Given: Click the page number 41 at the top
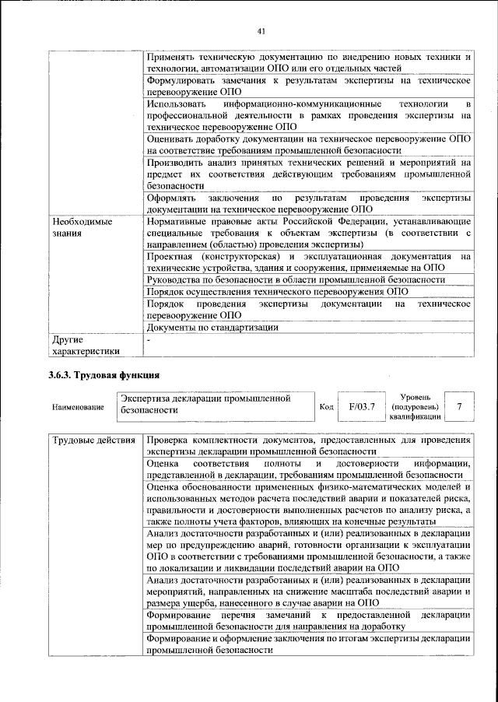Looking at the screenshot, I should pos(261,31).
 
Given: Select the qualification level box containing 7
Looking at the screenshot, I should pos(461,406).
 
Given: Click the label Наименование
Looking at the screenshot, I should pos(78,407).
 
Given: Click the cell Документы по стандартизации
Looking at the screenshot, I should pos(212,328).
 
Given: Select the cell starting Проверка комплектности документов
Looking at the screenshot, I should pos(309,446).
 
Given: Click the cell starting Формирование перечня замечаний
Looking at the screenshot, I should pos(309,621).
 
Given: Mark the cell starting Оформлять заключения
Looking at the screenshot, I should pos(309,204).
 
